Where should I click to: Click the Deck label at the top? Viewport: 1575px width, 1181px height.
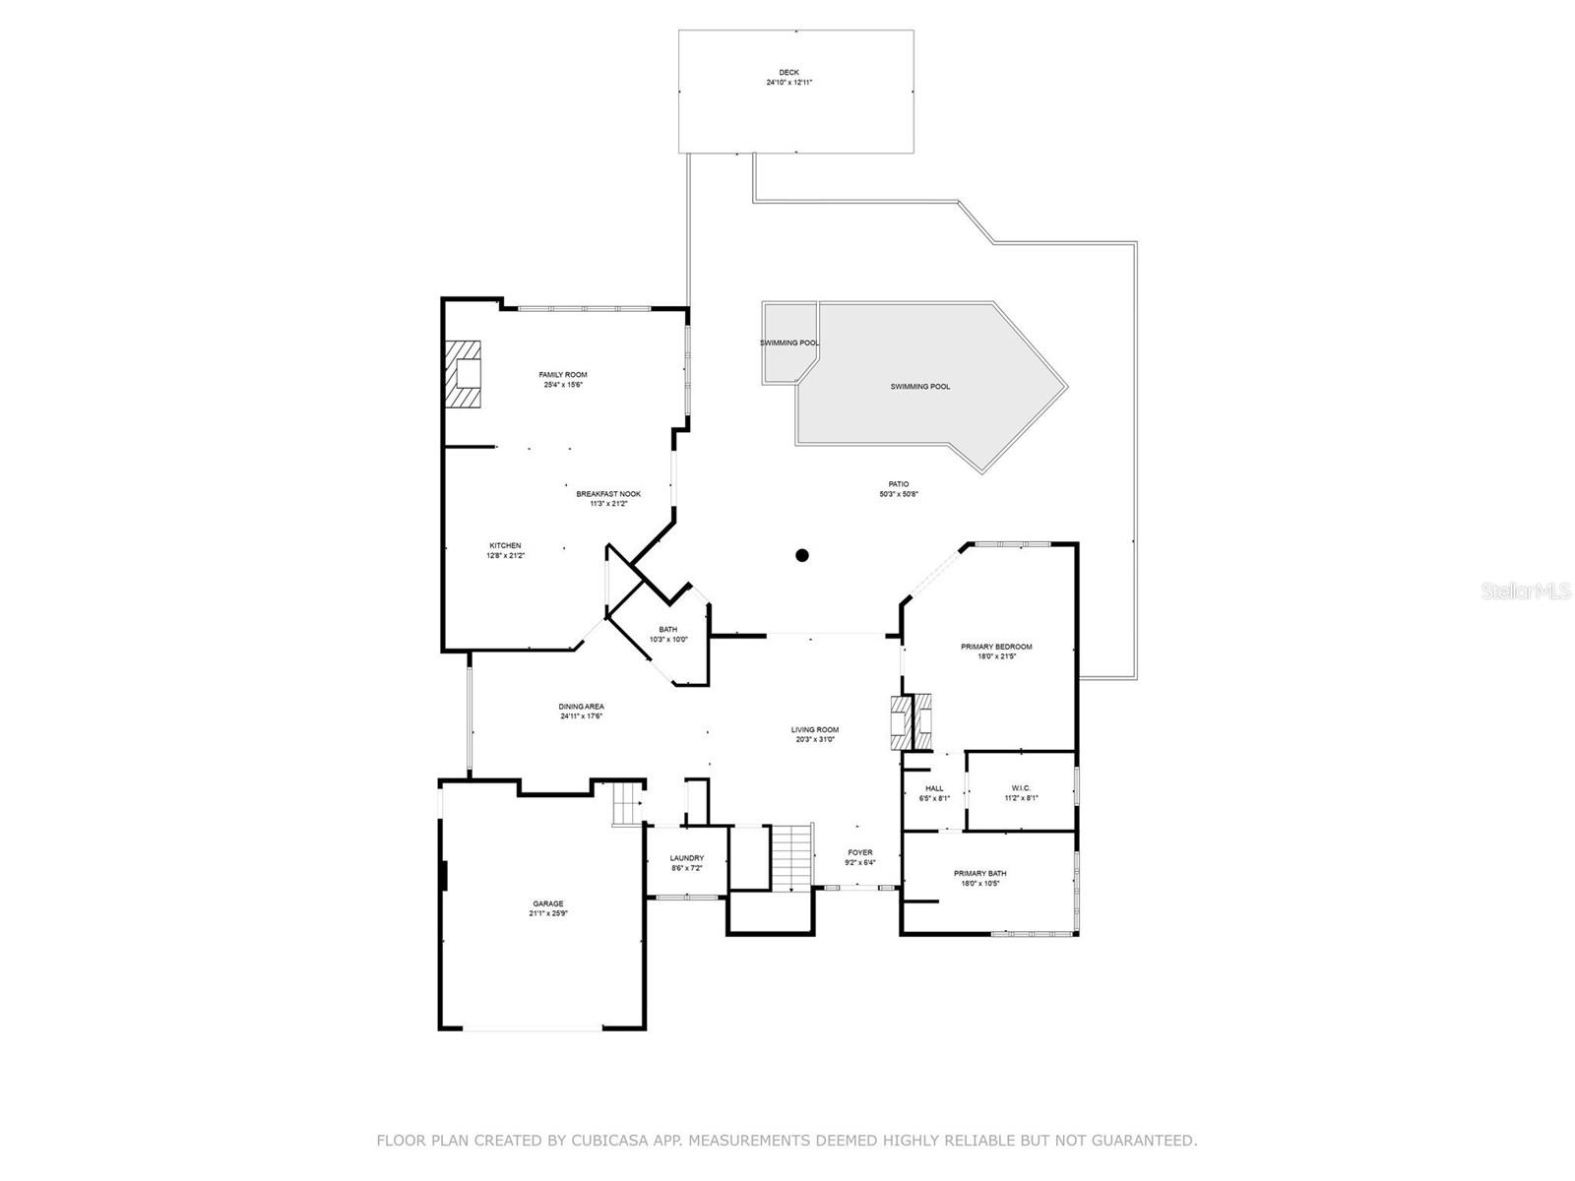(788, 72)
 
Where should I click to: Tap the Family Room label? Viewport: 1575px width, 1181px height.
(563, 375)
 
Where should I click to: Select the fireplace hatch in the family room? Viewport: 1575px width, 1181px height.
(463, 374)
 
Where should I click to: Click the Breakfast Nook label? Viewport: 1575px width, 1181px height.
(608, 494)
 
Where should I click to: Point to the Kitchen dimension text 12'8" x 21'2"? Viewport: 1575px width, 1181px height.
(505, 556)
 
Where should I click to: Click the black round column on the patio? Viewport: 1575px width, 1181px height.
(802, 555)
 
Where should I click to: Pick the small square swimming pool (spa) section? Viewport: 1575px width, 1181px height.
(787, 342)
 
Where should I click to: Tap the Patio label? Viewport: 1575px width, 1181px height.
(899, 484)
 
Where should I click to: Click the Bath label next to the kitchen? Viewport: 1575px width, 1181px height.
(668, 630)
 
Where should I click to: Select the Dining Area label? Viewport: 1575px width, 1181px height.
(582, 707)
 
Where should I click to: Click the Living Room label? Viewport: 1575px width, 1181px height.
(815, 730)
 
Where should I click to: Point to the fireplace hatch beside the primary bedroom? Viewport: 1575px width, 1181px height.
(911, 723)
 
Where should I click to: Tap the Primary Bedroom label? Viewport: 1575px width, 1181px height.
(996, 647)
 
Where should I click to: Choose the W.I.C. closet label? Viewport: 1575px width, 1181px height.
(1020, 787)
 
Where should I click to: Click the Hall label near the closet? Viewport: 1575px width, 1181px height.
(934, 788)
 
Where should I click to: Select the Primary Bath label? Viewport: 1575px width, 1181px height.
(979, 873)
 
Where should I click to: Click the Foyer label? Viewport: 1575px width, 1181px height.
(860, 852)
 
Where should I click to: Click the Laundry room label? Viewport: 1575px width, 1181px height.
(687, 858)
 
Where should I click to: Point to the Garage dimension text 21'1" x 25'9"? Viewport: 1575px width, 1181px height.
(548, 913)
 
